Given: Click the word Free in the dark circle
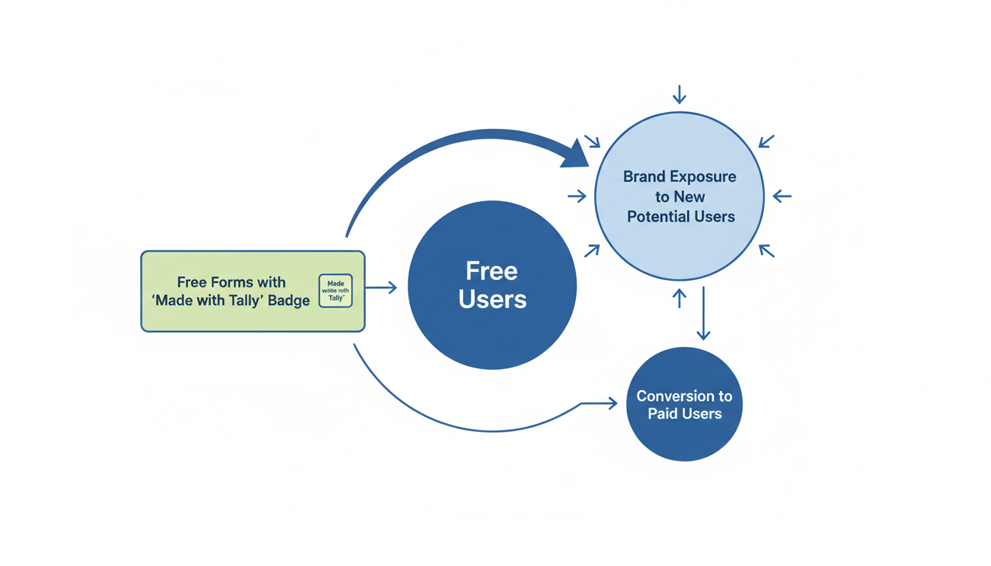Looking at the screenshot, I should pos(492,271).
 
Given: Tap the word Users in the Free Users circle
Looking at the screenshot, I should pos(492,300).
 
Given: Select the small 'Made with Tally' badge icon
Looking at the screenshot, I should pos(335,290).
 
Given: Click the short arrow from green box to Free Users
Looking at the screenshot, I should pos(381,287).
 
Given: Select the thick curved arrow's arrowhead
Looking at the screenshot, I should pos(576,154).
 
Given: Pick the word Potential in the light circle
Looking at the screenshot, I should pos(659,217).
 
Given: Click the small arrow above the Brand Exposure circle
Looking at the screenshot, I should pos(679,94).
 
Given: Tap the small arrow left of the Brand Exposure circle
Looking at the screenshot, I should pos(577,196).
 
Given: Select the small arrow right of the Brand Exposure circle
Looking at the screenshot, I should pos(782,196).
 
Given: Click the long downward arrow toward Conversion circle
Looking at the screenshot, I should pos(703,313).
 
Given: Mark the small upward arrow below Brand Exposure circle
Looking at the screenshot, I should pos(679,298).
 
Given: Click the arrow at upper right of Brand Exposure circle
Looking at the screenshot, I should pos(766,141).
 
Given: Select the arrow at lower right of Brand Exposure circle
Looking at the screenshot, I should pos(766,251).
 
